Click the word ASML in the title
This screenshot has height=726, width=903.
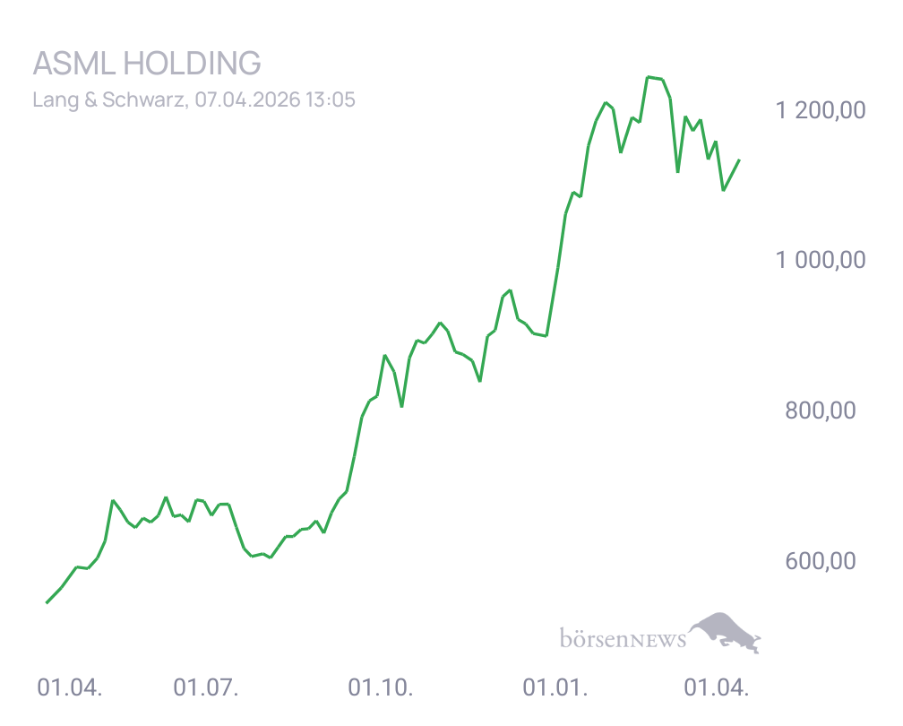pos(73,64)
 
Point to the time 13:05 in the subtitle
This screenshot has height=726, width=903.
pos(331,99)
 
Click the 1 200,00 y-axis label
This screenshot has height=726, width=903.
pos(821,111)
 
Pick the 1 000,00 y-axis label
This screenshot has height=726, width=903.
pos(821,261)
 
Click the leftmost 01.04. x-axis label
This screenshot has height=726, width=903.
pos(70,688)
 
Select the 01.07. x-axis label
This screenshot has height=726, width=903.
pos(205,688)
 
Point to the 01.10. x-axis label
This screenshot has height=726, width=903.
pos(380,688)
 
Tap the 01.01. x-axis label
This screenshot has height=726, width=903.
pos(555,688)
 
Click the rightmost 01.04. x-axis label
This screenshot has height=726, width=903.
pos(715,688)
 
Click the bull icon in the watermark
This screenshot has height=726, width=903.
pos(727,632)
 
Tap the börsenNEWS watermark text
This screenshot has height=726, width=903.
pos(623,639)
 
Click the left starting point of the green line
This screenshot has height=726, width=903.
pos(47,603)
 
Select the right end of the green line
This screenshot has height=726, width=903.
pos(739,160)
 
